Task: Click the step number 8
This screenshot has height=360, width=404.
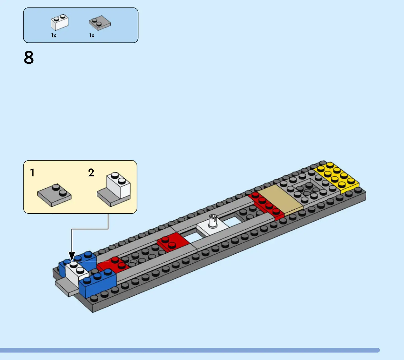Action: pos(29,58)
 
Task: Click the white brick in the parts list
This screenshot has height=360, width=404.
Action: pos(60,23)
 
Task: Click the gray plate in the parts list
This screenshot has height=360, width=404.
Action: pos(100,23)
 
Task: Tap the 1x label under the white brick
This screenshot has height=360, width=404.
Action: pos(53,35)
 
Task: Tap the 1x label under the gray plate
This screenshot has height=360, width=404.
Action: pos(92,35)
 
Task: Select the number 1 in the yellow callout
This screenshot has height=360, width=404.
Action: pos(32,173)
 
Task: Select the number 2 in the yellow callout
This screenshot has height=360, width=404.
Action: pos(91,173)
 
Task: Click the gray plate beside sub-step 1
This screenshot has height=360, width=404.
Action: pos(54,196)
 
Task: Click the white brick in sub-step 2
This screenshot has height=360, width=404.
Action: pos(119,186)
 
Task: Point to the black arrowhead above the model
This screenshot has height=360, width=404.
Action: pos(72,256)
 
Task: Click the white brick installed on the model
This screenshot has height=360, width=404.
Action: pos(76,273)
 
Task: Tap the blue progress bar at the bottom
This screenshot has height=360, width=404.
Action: pos(190,350)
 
